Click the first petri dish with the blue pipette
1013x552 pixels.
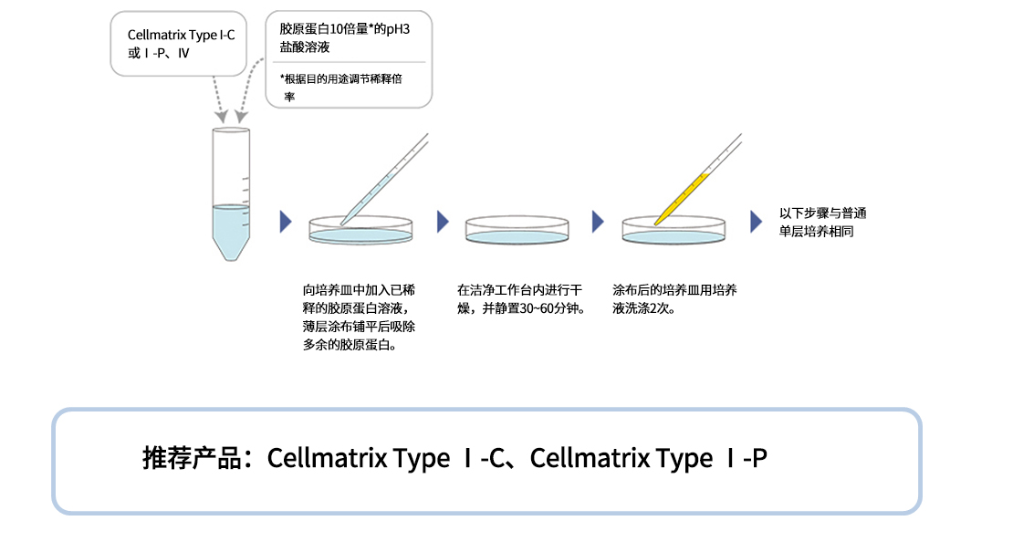[x=360, y=230]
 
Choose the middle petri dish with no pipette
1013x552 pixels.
[x=517, y=230]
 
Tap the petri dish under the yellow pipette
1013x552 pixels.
[x=674, y=230]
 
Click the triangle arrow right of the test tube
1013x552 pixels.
[x=286, y=222]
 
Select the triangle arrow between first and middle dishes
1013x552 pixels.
[x=443, y=222]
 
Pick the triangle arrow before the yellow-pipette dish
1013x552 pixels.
[x=598, y=222]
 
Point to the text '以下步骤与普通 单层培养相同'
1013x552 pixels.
[x=822, y=223]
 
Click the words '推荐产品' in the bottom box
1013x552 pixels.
[x=195, y=458]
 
